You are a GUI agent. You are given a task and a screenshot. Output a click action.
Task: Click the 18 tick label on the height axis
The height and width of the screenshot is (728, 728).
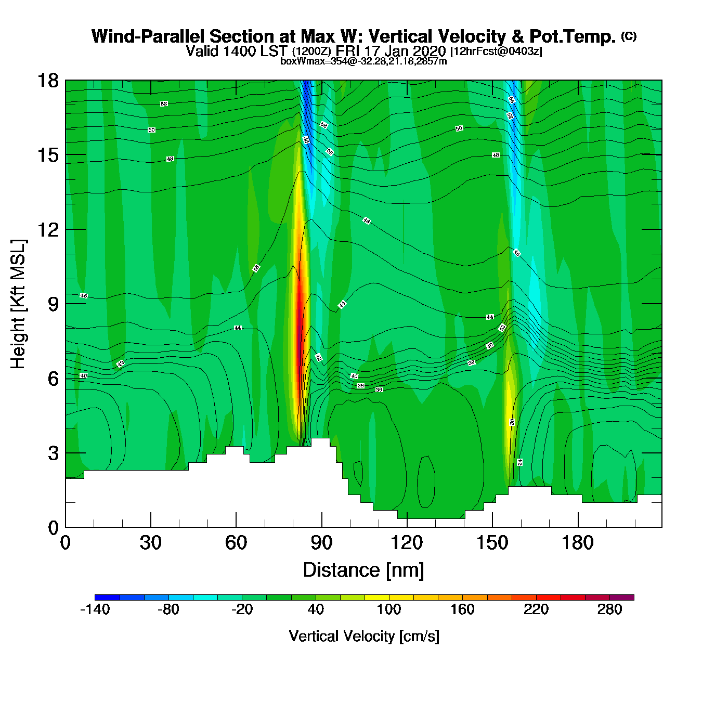click(x=47, y=81)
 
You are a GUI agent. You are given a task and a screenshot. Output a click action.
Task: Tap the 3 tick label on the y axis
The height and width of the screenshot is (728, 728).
click(x=53, y=453)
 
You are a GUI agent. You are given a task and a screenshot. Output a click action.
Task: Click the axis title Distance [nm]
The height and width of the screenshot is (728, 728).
click(x=363, y=570)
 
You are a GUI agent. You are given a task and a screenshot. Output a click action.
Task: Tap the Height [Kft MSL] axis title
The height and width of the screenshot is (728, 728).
click(x=18, y=304)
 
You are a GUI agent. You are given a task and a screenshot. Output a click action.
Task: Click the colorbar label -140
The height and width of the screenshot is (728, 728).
click(x=95, y=609)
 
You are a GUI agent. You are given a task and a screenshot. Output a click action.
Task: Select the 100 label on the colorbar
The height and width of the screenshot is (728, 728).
click(x=389, y=609)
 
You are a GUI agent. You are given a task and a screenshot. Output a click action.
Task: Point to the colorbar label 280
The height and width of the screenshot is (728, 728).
click(x=609, y=609)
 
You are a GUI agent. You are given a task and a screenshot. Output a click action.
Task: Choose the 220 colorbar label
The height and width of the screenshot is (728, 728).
click(x=536, y=609)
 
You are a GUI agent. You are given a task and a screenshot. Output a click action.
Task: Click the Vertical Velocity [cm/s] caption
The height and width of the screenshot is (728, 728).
click(x=364, y=636)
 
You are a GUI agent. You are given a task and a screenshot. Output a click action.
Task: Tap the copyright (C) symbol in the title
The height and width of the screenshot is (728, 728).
click(x=629, y=36)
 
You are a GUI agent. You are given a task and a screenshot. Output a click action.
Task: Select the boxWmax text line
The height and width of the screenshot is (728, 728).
click(x=363, y=61)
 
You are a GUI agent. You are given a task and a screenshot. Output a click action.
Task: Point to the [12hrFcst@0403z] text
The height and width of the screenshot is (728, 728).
click(x=496, y=51)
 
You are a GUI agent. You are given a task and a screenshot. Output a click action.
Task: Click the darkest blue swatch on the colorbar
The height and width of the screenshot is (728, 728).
click(x=107, y=597)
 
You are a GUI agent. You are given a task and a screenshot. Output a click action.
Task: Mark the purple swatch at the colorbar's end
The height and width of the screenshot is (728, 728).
click(x=622, y=597)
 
